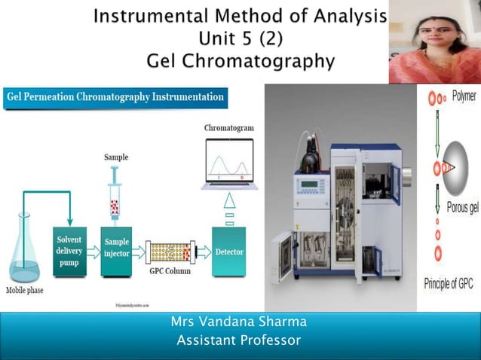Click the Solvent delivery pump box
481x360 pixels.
[x=69, y=251]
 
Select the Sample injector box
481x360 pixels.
[x=116, y=248]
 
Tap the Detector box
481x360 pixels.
[x=229, y=252]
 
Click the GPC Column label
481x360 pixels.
[x=171, y=271]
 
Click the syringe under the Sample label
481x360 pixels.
[x=115, y=194]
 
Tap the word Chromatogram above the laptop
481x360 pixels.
[x=229, y=128]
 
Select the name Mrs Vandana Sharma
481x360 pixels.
[x=240, y=322]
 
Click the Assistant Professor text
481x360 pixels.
[x=238, y=341]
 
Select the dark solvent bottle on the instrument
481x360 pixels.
[x=308, y=161]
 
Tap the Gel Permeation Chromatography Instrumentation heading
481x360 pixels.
[x=115, y=97]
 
